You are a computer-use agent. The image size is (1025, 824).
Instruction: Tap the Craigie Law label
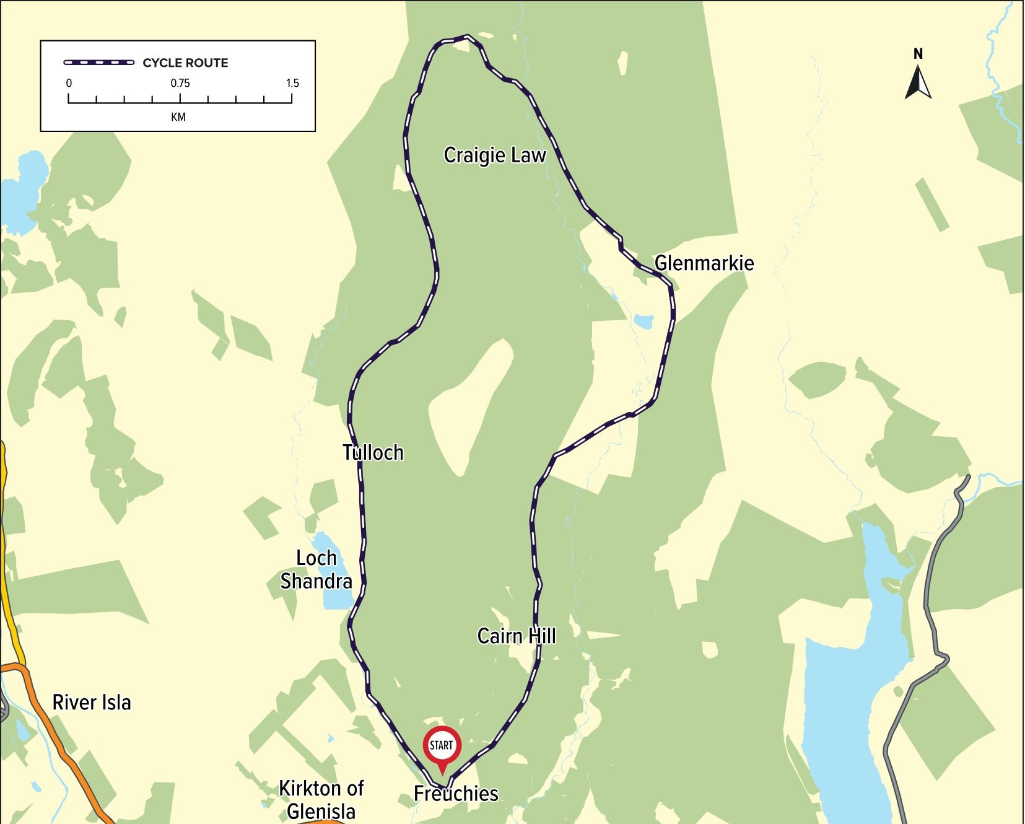pyautogui.click(x=495, y=155)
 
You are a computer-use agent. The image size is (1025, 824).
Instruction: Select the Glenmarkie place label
pyautogui.click(x=704, y=263)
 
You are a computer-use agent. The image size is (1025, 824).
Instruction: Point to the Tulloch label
pyautogui.click(x=373, y=453)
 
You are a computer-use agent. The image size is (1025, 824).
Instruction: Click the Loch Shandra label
pyautogui.click(x=316, y=570)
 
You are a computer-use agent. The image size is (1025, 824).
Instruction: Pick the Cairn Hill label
pyautogui.click(x=517, y=636)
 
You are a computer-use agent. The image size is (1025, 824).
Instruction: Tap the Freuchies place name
pyautogui.click(x=456, y=794)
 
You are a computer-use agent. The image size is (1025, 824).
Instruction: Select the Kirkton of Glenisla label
pyautogui.click(x=321, y=799)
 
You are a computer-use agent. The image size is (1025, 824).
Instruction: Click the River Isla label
pyautogui.click(x=92, y=703)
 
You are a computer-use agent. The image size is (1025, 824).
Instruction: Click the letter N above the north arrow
pyautogui.click(x=918, y=54)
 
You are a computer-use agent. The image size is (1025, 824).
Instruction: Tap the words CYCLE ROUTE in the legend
pyautogui.click(x=185, y=63)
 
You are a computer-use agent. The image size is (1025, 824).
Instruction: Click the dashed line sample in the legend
pyautogui.click(x=99, y=63)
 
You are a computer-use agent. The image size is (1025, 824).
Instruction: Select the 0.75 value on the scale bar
pyautogui.click(x=180, y=83)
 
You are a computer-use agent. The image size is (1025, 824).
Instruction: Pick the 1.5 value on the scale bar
pyautogui.click(x=292, y=83)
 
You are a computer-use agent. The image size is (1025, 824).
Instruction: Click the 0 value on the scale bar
pyautogui.click(x=69, y=83)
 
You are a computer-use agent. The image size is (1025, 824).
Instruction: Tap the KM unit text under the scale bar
pyautogui.click(x=178, y=117)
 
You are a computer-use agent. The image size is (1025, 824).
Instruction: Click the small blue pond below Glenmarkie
pyautogui.click(x=643, y=322)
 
